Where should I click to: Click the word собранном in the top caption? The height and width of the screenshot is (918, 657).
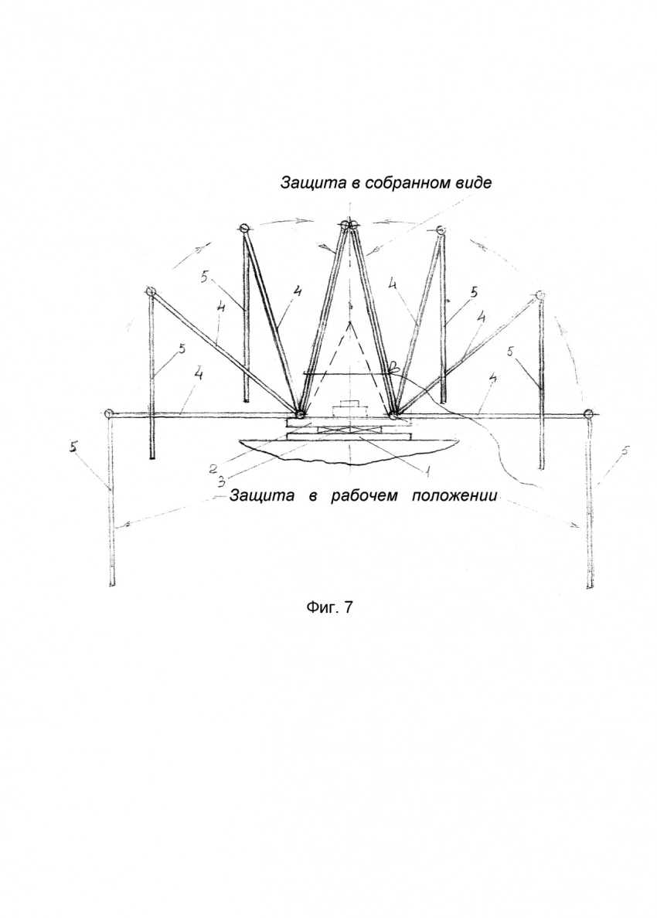point(405,182)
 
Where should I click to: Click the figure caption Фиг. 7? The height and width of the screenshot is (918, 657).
point(330,607)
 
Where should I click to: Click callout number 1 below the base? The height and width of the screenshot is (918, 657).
point(428,469)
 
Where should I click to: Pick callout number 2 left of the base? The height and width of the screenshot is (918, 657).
point(214,469)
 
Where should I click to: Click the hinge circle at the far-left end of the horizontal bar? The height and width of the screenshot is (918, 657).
point(107,414)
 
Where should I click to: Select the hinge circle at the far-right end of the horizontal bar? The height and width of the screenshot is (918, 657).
point(588,414)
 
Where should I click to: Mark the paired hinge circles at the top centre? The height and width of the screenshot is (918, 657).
point(349,224)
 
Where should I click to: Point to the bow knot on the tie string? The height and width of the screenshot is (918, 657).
point(395,367)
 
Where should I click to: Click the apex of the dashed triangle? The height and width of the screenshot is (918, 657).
point(350,321)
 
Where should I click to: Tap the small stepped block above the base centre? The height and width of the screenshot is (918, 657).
point(349,408)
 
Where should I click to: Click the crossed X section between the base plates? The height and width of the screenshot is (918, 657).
point(349,430)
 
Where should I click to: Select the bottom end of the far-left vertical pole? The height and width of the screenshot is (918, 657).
point(111,584)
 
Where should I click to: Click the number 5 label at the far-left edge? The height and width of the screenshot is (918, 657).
point(73,447)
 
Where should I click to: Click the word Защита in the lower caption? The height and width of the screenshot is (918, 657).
point(262,496)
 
